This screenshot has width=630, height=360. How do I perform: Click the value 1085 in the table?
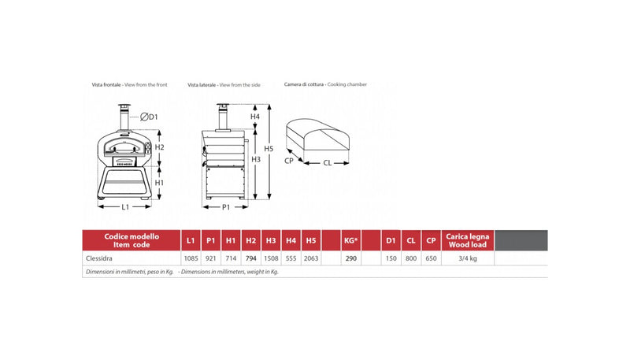[190, 258]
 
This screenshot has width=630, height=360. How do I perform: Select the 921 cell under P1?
[210, 258]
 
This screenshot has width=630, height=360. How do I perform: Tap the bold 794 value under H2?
[251, 258]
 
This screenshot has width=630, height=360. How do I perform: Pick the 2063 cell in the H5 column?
[311, 258]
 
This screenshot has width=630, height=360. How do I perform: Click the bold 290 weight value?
[350, 258]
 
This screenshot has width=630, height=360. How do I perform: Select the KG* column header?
[351, 239]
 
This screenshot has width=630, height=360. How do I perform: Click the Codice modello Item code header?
[131, 239]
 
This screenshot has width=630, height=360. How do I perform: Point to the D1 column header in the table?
[390, 239]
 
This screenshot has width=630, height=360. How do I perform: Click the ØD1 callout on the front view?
[150, 117]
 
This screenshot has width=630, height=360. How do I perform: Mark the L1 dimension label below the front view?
[124, 207]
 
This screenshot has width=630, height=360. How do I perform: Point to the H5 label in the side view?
[269, 148]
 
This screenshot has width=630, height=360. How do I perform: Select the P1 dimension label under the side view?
[225, 207]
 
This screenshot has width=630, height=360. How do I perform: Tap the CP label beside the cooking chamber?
[289, 160]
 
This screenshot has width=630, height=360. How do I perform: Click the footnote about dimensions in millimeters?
[182, 272]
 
